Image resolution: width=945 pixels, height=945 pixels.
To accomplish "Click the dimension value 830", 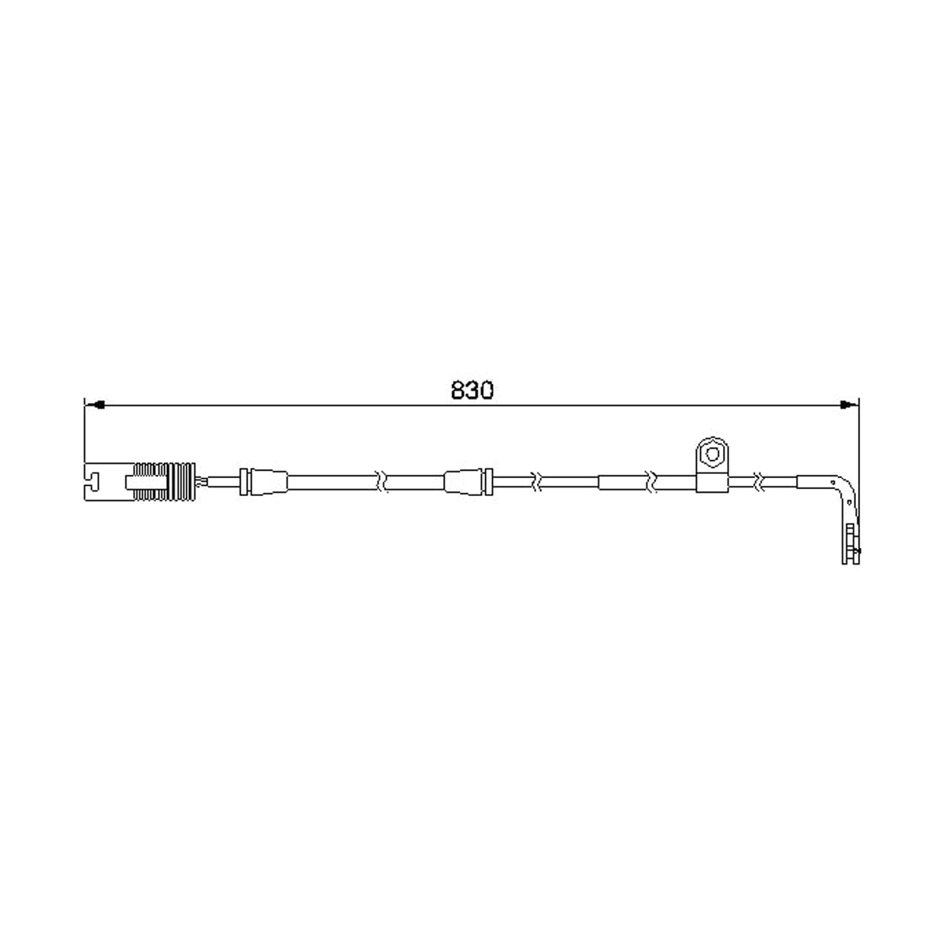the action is (x=472, y=391).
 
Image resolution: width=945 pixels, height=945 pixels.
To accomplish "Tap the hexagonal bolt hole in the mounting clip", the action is (x=712, y=454).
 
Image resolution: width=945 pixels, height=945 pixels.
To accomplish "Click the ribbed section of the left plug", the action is (x=165, y=482).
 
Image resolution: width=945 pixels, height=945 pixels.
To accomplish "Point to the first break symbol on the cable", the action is (x=381, y=482).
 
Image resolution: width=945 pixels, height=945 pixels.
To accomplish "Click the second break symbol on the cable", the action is (x=537, y=482).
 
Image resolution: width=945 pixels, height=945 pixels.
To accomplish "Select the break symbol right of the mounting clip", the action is (x=760, y=482).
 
